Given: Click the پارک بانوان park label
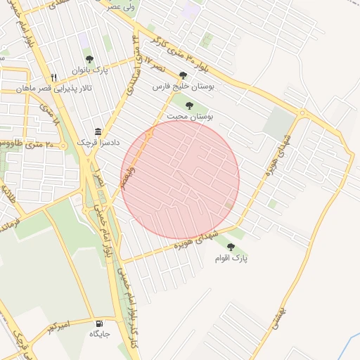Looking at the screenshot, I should pos(89,72).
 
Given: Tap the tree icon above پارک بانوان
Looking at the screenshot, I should pos(89,60).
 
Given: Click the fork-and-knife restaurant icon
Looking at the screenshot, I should pos(53,77).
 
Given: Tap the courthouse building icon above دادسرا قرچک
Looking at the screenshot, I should pos(97,132).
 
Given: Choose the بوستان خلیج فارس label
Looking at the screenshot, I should pos(184,87).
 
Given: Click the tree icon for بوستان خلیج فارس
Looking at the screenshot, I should pos(183,75).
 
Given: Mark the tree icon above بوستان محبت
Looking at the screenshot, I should pos(189,106).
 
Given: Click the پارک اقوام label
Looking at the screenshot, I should pos(232,258).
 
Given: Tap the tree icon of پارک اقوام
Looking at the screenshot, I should pos(231,247).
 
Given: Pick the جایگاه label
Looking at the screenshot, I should pos(99,333).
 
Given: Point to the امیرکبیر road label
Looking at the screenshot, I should pos(57,328).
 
